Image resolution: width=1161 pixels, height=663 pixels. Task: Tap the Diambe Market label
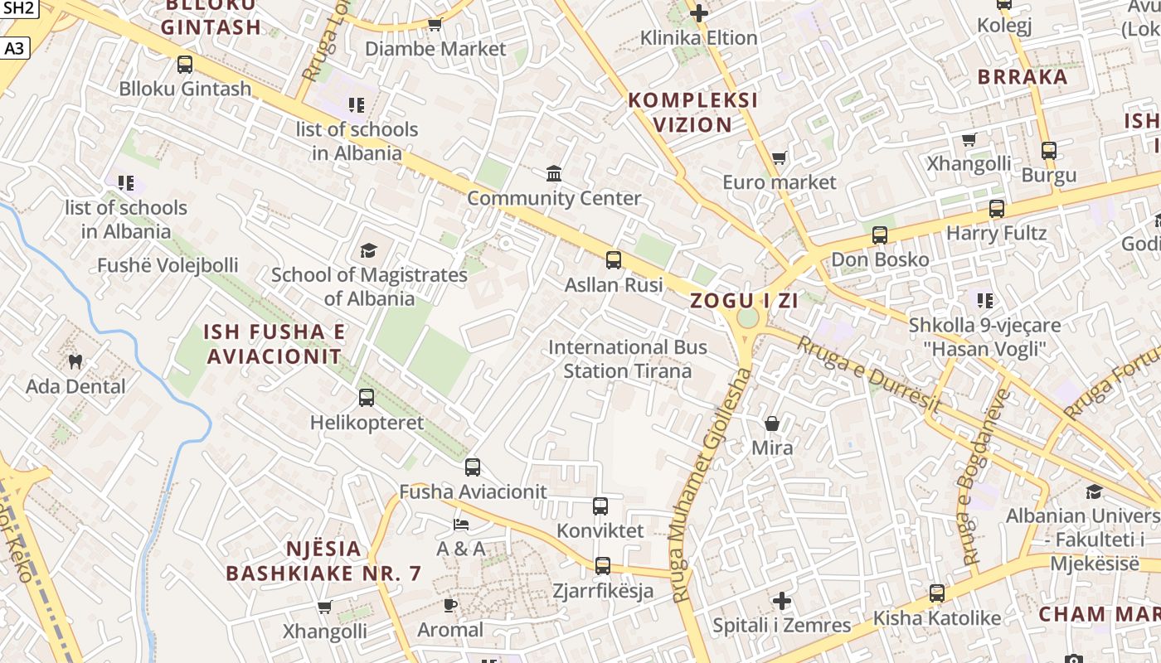(435, 48)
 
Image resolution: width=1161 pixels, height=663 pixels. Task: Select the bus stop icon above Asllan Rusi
(614, 260)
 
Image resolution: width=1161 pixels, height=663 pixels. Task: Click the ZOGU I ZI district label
(745, 300)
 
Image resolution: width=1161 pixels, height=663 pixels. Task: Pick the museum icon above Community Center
(554, 173)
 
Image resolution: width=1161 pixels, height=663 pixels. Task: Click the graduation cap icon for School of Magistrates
(368, 250)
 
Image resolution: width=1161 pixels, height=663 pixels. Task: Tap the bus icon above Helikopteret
(367, 398)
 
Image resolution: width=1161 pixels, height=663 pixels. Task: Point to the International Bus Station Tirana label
(628, 359)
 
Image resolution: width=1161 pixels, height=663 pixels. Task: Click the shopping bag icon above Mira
(772, 423)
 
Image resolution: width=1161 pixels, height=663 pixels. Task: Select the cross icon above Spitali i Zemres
(782, 601)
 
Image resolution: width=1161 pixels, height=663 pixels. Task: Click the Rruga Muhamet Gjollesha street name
(711, 485)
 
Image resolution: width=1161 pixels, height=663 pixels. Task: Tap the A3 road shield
(15, 49)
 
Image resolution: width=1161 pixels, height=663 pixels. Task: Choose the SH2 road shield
(19, 8)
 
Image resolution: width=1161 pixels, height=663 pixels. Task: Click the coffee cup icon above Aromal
(450, 605)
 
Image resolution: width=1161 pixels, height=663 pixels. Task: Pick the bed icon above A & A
(461, 524)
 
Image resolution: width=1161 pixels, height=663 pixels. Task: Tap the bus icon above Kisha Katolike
(937, 593)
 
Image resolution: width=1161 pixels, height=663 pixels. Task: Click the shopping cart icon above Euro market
(779, 157)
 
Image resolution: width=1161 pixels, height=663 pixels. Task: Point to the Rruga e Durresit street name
(869, 375)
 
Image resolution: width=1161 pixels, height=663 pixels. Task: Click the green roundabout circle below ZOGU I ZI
(748, 318)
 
